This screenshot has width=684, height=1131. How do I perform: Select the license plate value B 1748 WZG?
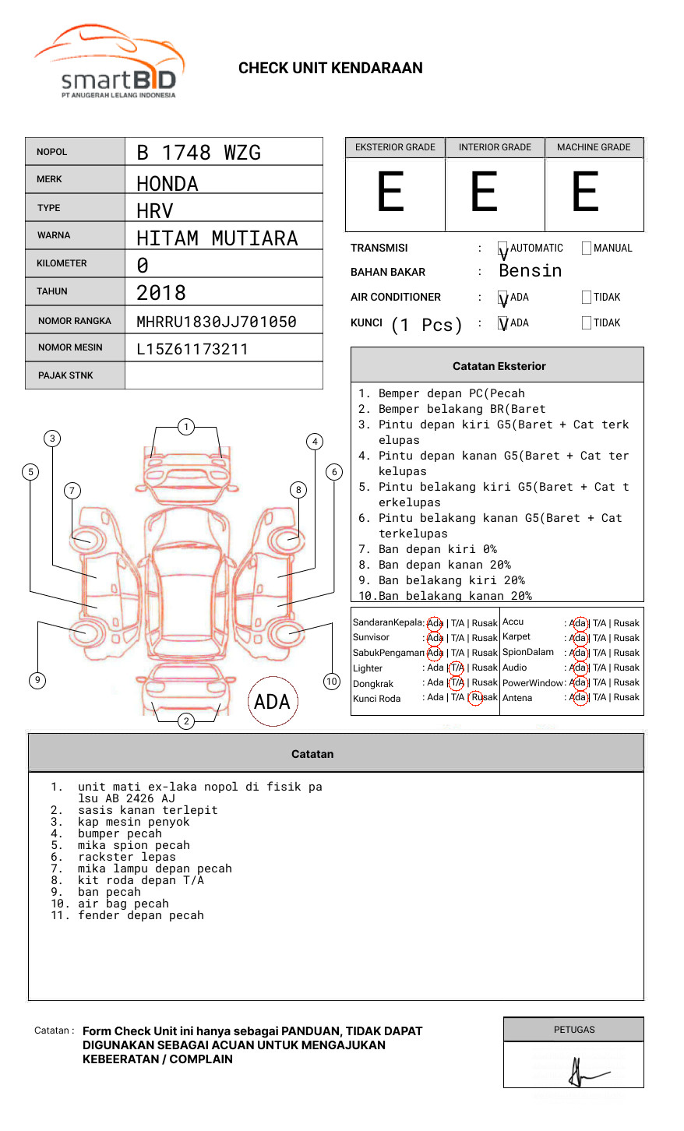pos(199,153)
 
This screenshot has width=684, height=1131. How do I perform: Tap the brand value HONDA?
pos(167,184)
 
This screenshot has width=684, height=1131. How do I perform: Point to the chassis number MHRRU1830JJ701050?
pos(217,322)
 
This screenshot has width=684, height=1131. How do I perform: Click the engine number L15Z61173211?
pos(192,349)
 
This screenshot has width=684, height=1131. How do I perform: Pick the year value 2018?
pos(161,293)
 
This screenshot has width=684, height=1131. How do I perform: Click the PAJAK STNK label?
pos(65,375)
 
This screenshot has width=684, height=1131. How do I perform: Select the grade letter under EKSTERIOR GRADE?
pos(391,192)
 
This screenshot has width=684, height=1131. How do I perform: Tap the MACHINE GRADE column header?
pos(594,147)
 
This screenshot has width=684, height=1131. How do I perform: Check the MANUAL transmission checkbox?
pos(587,248)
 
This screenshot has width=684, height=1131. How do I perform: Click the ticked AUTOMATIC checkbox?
pos(503,249)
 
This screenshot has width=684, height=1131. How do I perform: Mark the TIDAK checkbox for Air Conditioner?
pos(587,298)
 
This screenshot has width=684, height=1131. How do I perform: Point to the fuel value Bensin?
pos(531,271)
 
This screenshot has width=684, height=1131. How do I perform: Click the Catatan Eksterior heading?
pos(499,366)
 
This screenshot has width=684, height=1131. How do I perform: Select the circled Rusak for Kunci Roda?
pos(484,698)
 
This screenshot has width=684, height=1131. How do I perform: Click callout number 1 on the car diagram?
pos(186,427)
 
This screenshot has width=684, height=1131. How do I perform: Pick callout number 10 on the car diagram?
pos(332,682)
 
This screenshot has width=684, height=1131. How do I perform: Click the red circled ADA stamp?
pos(272,702)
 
